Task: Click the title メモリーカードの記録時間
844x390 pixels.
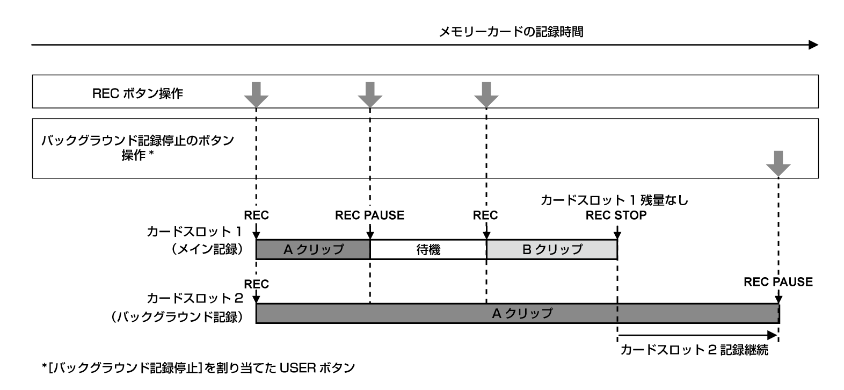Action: pyautogui.click(x=511, y=32)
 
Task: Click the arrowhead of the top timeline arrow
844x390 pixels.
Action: pyautogui.click(x=813, y=45)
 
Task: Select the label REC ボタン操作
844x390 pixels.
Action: pyautogui.click(x=138, y=93)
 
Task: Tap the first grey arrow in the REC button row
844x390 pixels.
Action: pyautogui.click(x=256, y=94)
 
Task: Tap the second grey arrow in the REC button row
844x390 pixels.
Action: pyautogui.click(x=370, y=94)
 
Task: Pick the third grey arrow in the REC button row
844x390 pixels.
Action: pyautogui.click(x=486, y=94)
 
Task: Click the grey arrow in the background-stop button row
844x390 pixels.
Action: pyautogui.click(x=778, y=163)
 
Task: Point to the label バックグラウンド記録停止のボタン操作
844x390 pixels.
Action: pyautogui.click(x=138, y=148)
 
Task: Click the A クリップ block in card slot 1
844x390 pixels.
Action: pyautogui.click(x=313, y=249)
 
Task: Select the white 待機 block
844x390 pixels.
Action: pyautogui.click(x=428, y=249)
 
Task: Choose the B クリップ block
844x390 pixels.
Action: pyautogui.click(x=552, y=249)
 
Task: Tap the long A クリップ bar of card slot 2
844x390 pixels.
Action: pyautogui.click(x=517, y=313)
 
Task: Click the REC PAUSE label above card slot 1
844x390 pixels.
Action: pyautogui.click(x=369, y=215)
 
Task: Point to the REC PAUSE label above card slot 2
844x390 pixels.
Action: pyautogui.click(x=778, y=282)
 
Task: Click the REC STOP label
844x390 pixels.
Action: pyautogui.click(x=616, y=215)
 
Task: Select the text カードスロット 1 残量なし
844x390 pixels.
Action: pyautogui.click(x=614, y=201)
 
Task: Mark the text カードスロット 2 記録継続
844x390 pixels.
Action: pyautogui.click(x=694, y=350)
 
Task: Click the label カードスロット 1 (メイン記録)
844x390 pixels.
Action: pyautogui.click(x=195, y=241)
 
